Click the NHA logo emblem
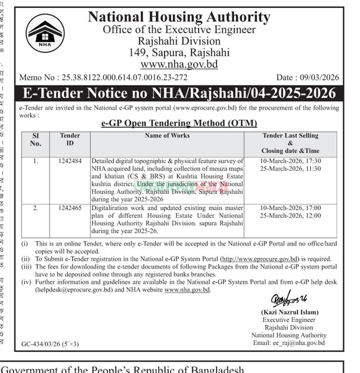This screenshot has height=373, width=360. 46,33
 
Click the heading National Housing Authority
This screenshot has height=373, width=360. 179,17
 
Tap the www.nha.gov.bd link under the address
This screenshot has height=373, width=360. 179,64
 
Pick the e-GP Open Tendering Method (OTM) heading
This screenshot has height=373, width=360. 179,123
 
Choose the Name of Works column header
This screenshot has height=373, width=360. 167,136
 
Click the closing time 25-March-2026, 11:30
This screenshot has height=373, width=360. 290,169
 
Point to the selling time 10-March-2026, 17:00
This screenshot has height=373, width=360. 290,208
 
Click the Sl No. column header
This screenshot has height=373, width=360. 35,140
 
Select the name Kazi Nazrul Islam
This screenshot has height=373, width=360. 289,312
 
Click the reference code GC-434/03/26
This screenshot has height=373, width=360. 42,344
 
